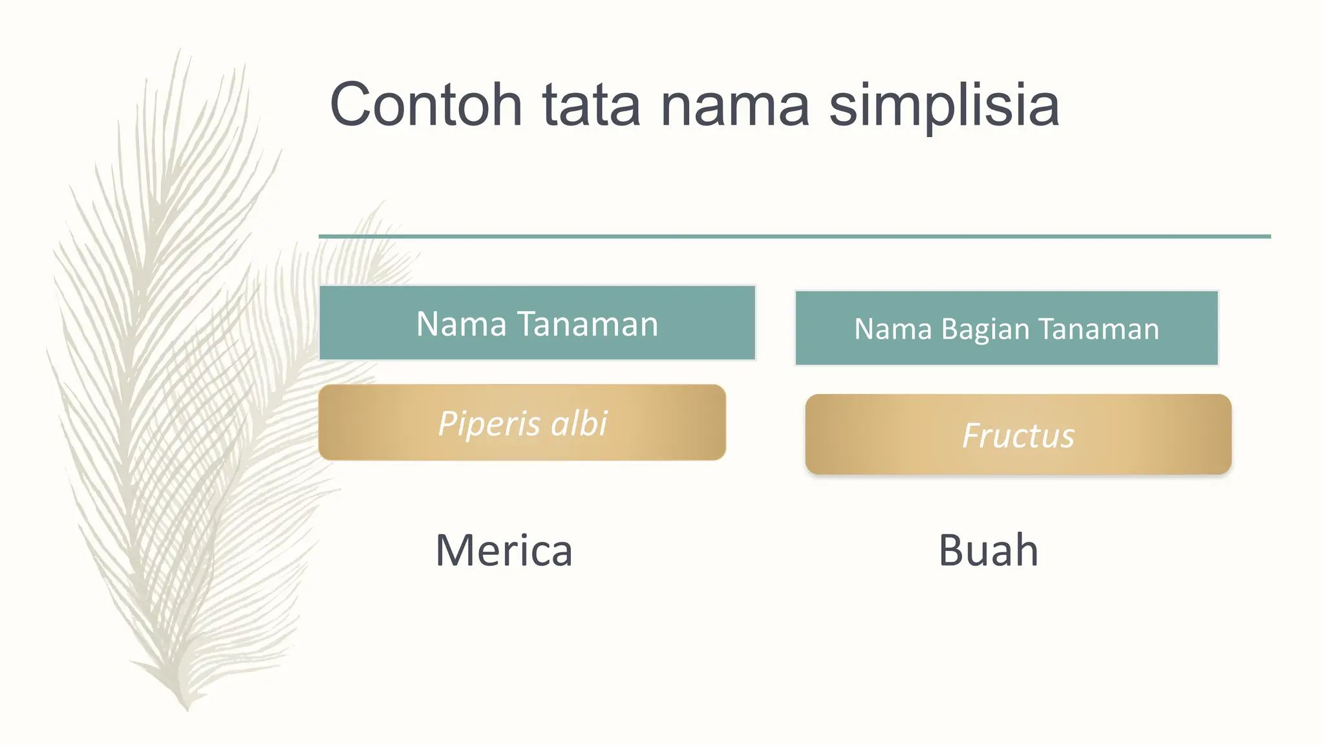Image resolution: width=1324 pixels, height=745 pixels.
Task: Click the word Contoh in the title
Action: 425,105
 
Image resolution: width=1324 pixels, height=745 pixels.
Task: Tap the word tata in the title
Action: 591,105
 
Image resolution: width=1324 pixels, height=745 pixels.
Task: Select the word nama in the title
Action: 734,105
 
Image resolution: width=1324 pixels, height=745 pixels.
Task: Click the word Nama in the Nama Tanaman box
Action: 461,324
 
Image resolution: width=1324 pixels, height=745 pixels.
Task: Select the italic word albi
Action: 579,424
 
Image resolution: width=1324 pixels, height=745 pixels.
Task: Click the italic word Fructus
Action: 1018,435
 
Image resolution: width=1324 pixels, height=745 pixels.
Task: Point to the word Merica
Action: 504,551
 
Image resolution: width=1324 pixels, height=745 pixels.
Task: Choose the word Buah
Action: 988,551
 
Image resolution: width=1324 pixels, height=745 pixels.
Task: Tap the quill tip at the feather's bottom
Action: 186,706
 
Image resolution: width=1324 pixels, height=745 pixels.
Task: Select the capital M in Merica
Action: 454,551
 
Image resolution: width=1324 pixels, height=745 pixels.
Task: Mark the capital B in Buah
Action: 952,551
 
